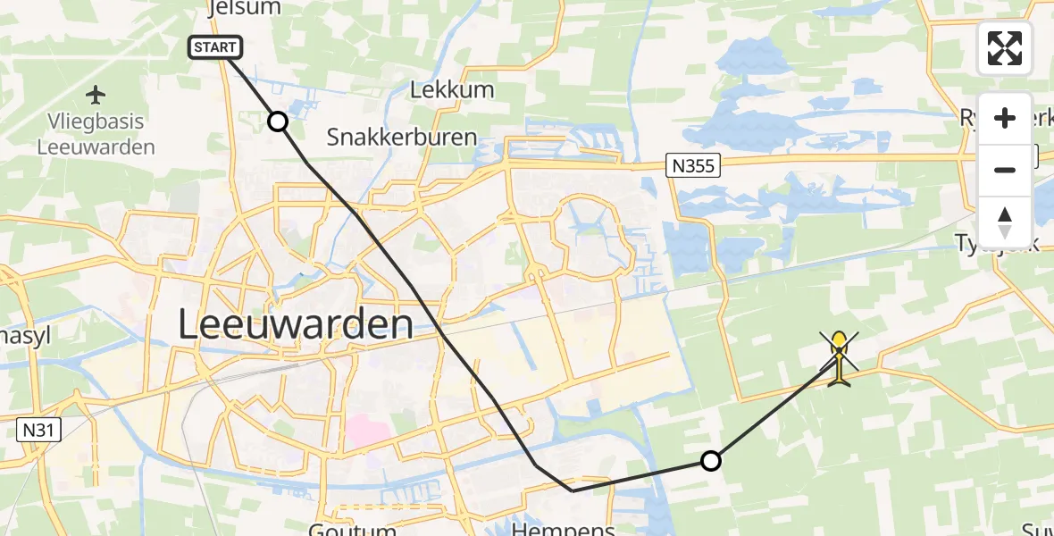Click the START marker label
coord(215,47)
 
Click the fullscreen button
coord(1004,48)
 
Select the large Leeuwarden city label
coord(295,324)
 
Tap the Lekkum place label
coord(451,90)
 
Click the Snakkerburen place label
coord(401,137)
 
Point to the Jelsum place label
coord(243,8)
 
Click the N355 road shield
coord(692,163)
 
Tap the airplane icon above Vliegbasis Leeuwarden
coord(96,94)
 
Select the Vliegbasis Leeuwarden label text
coord(96,134)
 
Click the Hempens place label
coord(576,529)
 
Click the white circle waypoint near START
coord(279,121)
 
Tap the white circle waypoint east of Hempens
coord(710,461)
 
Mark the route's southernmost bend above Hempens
coord(572,490)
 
